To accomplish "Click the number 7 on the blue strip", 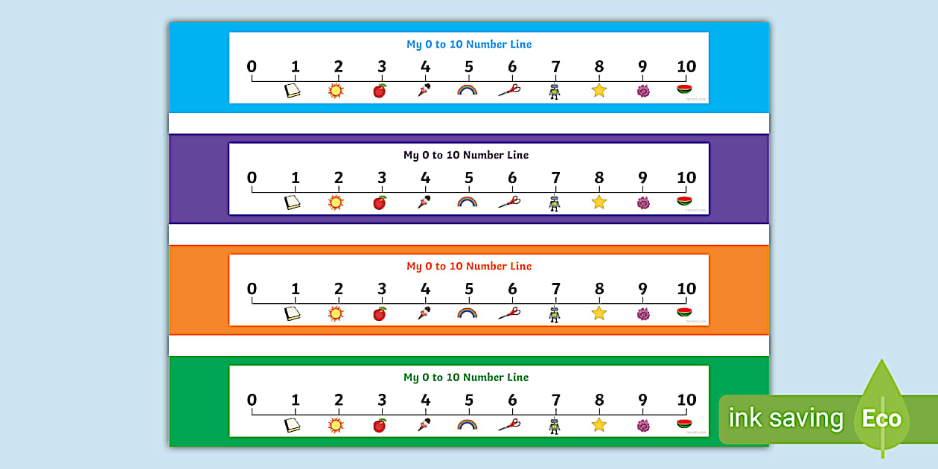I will click(x=555, y=66).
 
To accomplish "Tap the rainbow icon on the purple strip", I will click(x=467, y=202).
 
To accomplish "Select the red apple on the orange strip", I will click(x=380, y=313).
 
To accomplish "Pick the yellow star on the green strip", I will click(x=599, y=424).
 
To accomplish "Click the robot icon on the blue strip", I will click(x=554, y=92).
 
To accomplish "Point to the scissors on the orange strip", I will click(x=509, y=313).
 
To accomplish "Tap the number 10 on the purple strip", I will click(x=686, y=178).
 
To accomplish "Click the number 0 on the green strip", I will click(x=252, y=400).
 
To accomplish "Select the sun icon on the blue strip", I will click(x=336, y=91).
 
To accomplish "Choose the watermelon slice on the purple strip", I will click(x=684, y=201).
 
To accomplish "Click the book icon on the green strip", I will click(x=293, y=425).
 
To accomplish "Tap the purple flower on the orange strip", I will click(x=643, y=313).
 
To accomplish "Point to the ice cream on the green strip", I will click(x=424, y=425).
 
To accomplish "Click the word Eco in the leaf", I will click(x=881, y=418).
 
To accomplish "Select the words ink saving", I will click(x=785, y=418).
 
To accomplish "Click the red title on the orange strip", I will click(x=469, y=266).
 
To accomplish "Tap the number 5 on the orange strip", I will click(x=469, y=289).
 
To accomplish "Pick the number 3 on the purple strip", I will click(x=382, y=178).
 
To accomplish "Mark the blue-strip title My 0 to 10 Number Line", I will click(x=469, y=44).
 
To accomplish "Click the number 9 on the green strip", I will click(x=642, y=400).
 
